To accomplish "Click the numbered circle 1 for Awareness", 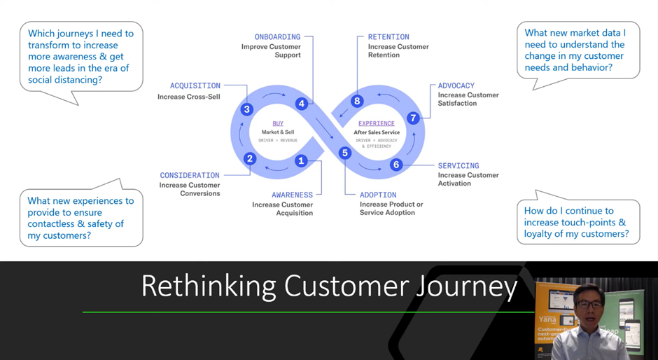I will pyautogui.click(x=301, y=160).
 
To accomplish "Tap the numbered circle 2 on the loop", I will pyautogui.click(x=250, y=158).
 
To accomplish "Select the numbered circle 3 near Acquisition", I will pyautogui.click(x=246, y=109).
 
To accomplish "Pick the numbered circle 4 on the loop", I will pyautogui.click(x=302, y=104).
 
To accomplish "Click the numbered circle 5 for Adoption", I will pyautogui.click(x=344, y=153).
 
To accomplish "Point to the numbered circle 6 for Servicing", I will pyautogui.click(x=396, y=165).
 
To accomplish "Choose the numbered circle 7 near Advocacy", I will pyautogui.click(x=413, y=118).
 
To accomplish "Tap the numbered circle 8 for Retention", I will pyautogui.click(x=357, y=101).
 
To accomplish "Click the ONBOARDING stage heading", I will pyautogui.click(x=277, y=37).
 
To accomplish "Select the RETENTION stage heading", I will pyautogui.click(x=388, y=37).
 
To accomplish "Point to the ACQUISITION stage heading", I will pyautogui.click(x=195, y=86).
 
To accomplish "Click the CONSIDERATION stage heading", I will pyautogui.click(x=189, y=176).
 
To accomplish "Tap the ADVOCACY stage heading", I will pyautogui.click(x=456, y=86).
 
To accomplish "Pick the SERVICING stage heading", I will pyautogui.click(x=458, y=166).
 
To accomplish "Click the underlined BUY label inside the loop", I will pyautogui.click(x=278, y=124).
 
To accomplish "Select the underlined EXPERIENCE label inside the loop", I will pyautogui.click(x=377, y=124).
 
